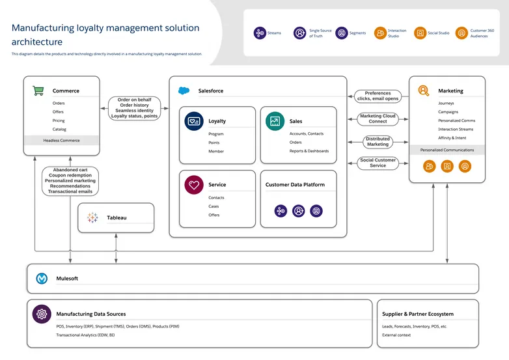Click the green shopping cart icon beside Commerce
pos(38,90)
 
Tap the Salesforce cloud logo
pos(184,90)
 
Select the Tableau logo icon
pos(92,217)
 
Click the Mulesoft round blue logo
pos(42,278)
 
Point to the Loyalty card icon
pos(193,121)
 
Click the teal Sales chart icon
pos(275,121)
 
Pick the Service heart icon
pos(193,185)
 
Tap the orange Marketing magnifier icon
pos(424,90)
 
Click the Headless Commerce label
pos(61,141)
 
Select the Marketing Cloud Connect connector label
pos(378,118)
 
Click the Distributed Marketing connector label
pos(378,141)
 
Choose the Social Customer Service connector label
pos(378,163)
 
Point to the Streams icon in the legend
pos(260,33)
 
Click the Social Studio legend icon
pos(420,33)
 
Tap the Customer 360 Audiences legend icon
pos(461,33)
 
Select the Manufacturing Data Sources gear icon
pos(42,314)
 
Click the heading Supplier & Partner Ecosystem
pos(418,314)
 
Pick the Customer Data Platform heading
pos(295,185)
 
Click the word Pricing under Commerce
pos(59,120)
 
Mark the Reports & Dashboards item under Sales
pos(309,151)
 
